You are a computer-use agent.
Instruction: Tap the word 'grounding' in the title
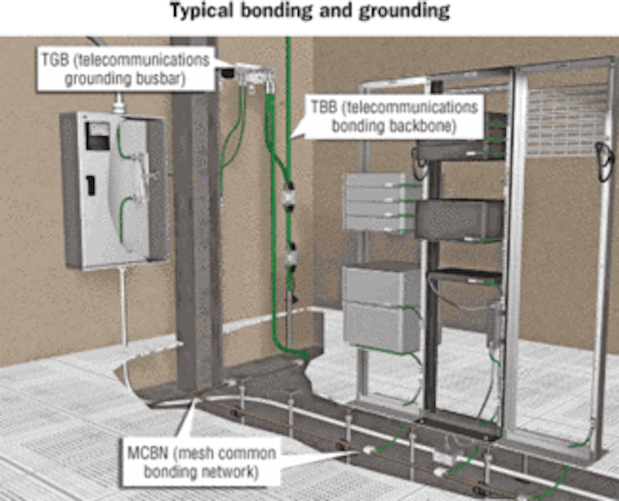pyautogui.click(x=404, y=12)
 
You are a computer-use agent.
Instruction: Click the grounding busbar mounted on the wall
pyautogui.click(x=252, y=74)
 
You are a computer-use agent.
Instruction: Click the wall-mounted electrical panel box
pyautogui.click(x=114, y=191)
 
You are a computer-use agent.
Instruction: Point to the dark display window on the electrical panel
pyautogui.click(x=98, y=136)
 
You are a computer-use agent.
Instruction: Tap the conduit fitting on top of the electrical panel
pyautogui.click(x=118, y=103)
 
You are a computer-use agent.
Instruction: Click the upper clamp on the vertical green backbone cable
pyautogui.click(x=290, y=194)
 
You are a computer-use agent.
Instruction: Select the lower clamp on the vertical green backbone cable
pyautogui.click(x=291, y=257)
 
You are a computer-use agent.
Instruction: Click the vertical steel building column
pyautogui.click(x=195, y=214)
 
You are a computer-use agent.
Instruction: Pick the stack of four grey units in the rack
pyautogui.click(x=381, y=203)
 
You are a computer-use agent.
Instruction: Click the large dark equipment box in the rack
pyautogui.click(x=459, y=220)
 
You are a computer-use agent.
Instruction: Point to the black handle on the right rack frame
pyautogui.click(x=604, y=162)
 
